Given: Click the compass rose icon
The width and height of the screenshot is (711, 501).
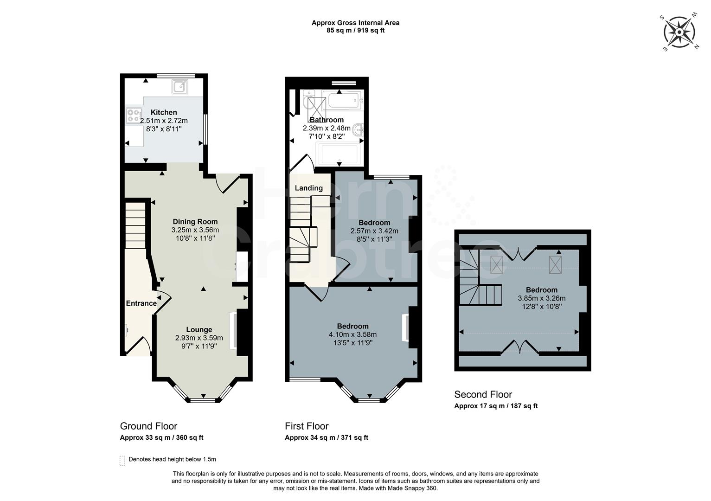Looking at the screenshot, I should tap(679, 32).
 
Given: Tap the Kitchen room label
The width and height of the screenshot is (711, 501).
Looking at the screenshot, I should tap(164, 112).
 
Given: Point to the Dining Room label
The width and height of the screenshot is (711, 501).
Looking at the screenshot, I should tap(195, 222).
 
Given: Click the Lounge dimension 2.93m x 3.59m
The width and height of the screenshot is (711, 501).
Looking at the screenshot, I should tap(199, 338).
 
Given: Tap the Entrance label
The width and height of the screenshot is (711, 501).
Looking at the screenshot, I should tap(141, 303).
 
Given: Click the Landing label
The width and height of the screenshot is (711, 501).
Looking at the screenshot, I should tap(308, 188).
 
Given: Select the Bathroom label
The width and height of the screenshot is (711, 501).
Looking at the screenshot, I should tap(327, 120).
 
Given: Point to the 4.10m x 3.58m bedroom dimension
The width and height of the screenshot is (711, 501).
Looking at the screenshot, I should tap(352, 334).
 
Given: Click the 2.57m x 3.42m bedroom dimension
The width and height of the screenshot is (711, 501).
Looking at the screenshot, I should tap(374, 231).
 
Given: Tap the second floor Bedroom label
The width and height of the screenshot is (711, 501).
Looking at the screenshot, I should tap(541, 290).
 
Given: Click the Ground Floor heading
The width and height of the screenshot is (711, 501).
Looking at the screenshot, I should tap(148, 426).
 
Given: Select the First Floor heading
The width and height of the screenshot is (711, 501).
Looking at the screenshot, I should tap(307, 426).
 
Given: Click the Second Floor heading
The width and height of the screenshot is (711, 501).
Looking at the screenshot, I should tap(483, 394).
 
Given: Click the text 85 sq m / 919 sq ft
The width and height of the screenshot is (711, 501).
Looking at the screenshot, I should tap(355, 31).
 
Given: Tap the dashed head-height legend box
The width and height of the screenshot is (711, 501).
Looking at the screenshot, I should tap(122, 460).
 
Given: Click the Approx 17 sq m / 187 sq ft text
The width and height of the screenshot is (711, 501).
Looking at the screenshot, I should tap(495, 406).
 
